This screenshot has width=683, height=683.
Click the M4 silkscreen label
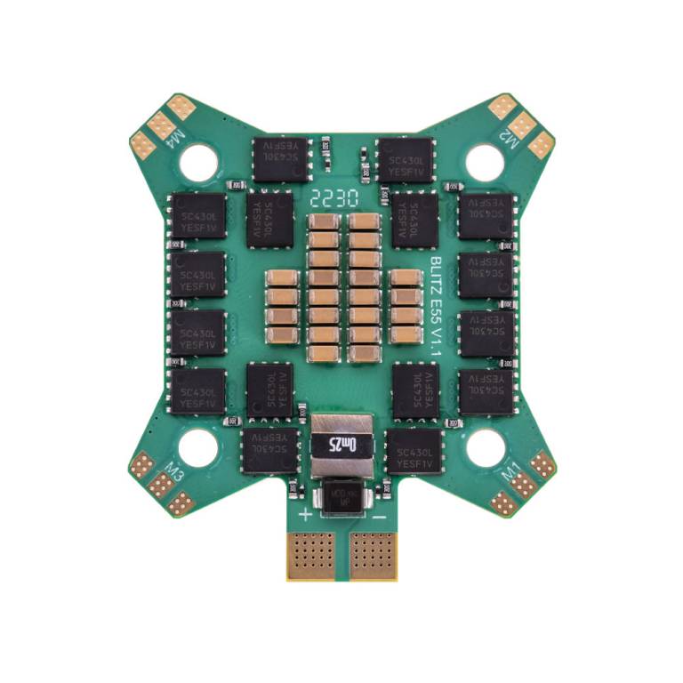pos(175,140)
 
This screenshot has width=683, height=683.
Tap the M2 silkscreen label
pos(508,140)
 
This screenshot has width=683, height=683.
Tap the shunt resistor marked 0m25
pos(341,442)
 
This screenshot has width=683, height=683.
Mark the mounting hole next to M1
pos(486,447)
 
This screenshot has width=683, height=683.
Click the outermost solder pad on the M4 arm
pos(142,145)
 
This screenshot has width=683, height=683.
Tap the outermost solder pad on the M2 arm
pos(541,145)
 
